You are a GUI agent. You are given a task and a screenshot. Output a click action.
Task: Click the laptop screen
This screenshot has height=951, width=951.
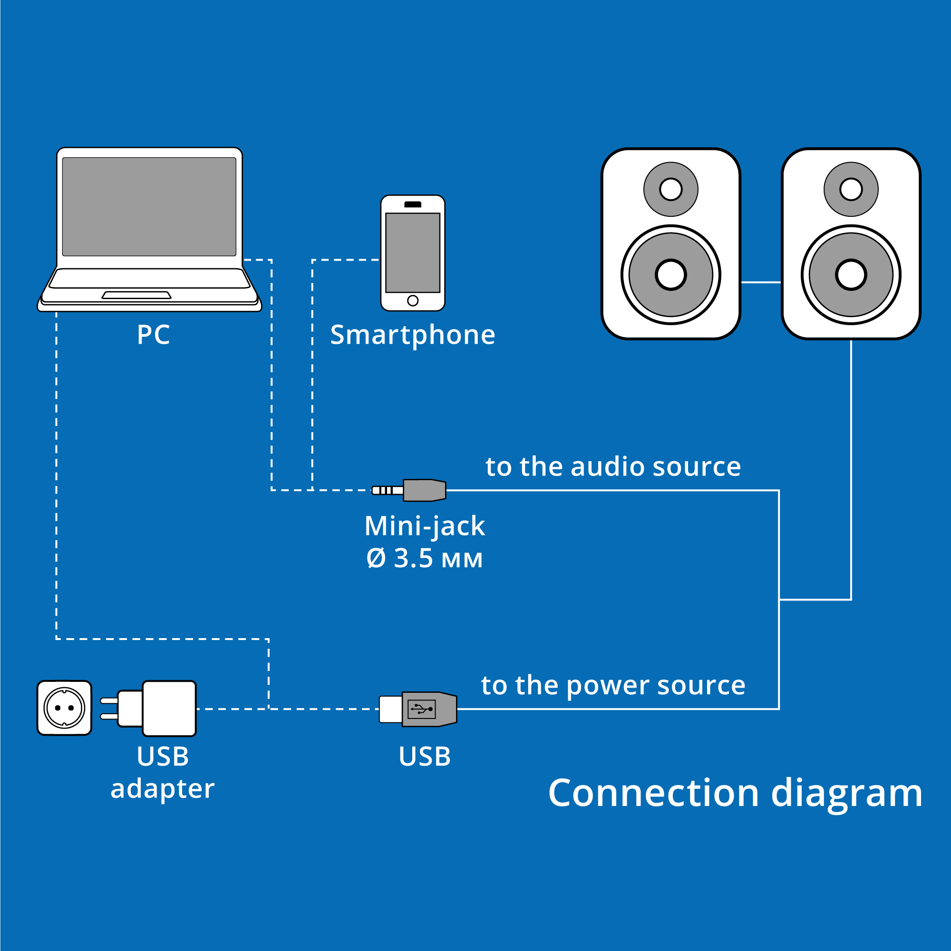[149, 207]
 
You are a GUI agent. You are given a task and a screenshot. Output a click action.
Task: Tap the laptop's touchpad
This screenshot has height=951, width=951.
[136, 295]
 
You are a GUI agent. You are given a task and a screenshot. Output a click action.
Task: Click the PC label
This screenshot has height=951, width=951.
[153, 335]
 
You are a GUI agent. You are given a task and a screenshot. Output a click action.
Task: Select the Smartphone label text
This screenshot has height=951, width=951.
[412, 335]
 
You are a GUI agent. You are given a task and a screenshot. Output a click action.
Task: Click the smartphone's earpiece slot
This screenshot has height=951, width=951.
[412, 205]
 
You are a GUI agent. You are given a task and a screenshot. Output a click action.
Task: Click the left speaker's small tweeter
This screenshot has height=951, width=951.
[670, 190]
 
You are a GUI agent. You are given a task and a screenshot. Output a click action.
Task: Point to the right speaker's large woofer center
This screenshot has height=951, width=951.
[851, 275]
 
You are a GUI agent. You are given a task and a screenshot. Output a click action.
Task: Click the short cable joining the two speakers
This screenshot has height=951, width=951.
[760, 282]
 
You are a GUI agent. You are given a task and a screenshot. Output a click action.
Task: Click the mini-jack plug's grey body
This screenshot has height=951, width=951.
[424, 490]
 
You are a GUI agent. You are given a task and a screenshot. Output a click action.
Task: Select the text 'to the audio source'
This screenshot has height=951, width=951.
[613, 466]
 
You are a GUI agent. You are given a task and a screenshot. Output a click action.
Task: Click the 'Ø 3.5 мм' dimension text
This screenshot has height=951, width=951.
[424, 559]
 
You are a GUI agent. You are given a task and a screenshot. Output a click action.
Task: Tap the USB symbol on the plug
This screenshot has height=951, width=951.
[422, 709]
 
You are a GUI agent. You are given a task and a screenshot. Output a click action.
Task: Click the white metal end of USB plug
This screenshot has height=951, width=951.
[390, 709]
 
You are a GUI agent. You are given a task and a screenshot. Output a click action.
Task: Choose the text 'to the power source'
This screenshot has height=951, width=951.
[613, 685]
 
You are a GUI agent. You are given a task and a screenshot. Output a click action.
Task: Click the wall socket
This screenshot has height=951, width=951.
[65, 708]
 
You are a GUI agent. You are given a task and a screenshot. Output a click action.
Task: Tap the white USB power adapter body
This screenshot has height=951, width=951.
[169, 708]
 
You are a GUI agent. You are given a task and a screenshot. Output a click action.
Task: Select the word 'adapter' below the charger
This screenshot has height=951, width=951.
[163, 788]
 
